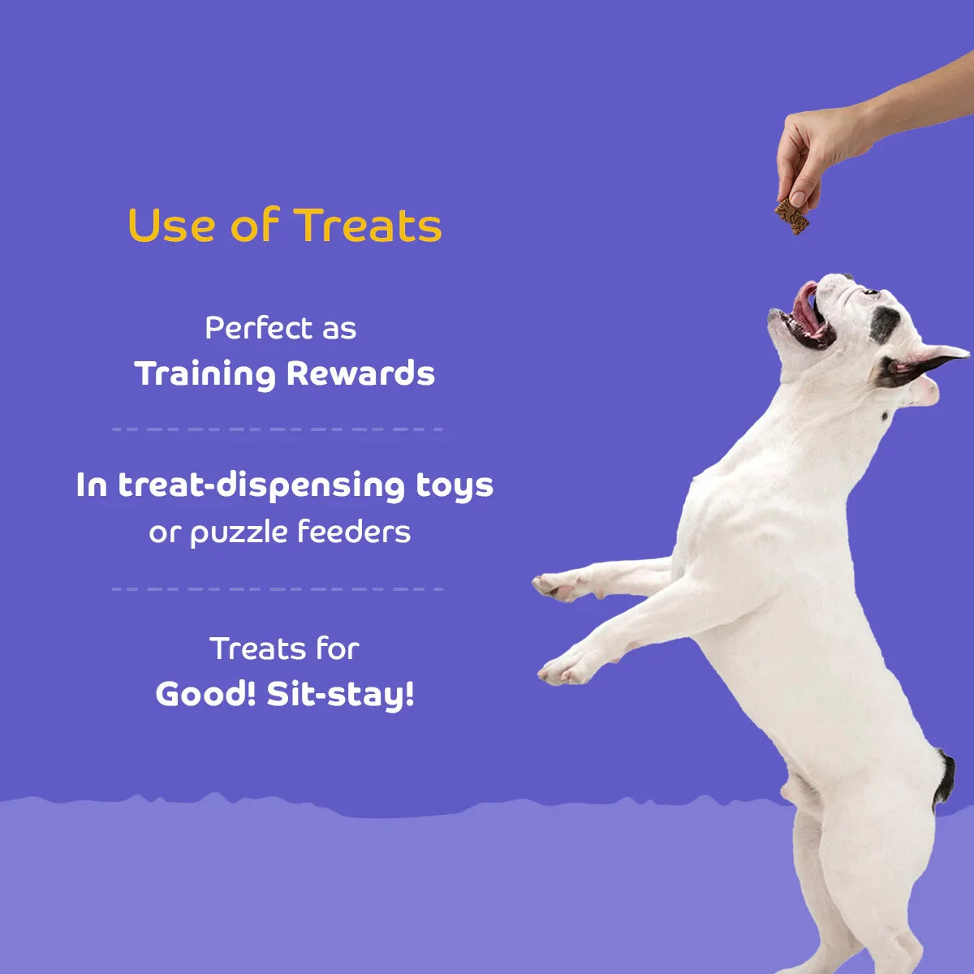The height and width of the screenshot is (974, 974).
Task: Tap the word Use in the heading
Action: [170, 226]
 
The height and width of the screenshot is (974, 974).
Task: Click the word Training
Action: [205, 374]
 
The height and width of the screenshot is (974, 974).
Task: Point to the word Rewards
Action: [360, 374]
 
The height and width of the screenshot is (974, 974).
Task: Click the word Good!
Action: [205, 694]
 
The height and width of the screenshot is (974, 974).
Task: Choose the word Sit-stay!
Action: [341, 696]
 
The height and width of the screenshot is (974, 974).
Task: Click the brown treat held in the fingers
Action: [792, 216]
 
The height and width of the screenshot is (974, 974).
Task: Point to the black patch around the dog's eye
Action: [884, 324]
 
